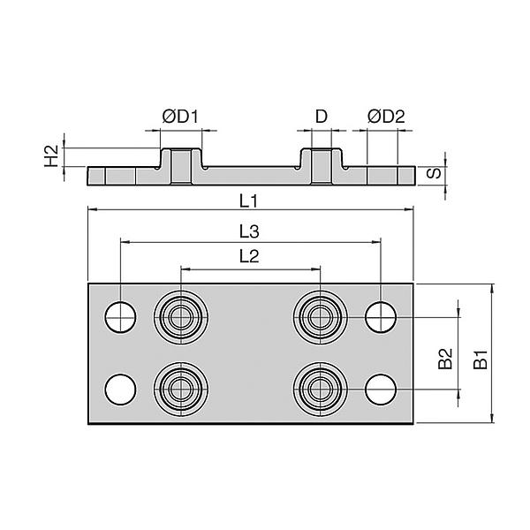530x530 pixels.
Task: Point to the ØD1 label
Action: (180, 117)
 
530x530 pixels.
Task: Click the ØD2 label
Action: (386, 117)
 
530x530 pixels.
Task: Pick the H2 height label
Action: (51, 156)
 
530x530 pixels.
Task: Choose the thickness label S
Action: (434, 172)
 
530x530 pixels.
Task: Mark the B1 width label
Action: (479, 359)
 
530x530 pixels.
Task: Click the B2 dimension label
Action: (446, 359)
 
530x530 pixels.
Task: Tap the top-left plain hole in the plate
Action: (120, 315)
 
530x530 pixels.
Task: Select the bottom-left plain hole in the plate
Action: (120, 388)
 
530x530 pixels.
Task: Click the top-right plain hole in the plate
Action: (381, 315)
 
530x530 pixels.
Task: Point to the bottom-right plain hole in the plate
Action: (381, 388)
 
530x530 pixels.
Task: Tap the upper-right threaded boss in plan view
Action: (320, 315)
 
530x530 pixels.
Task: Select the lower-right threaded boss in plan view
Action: (320, 388)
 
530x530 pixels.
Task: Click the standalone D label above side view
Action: (322, 117)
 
